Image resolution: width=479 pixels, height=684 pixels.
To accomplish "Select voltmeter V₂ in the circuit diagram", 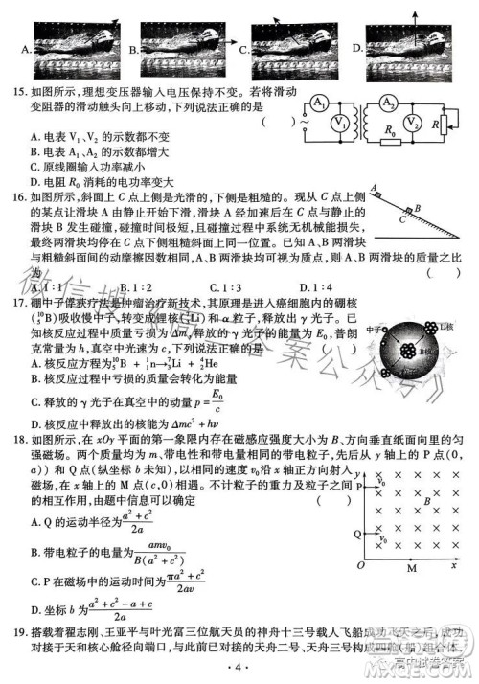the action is pyautogui.click(x=410, y=124).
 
